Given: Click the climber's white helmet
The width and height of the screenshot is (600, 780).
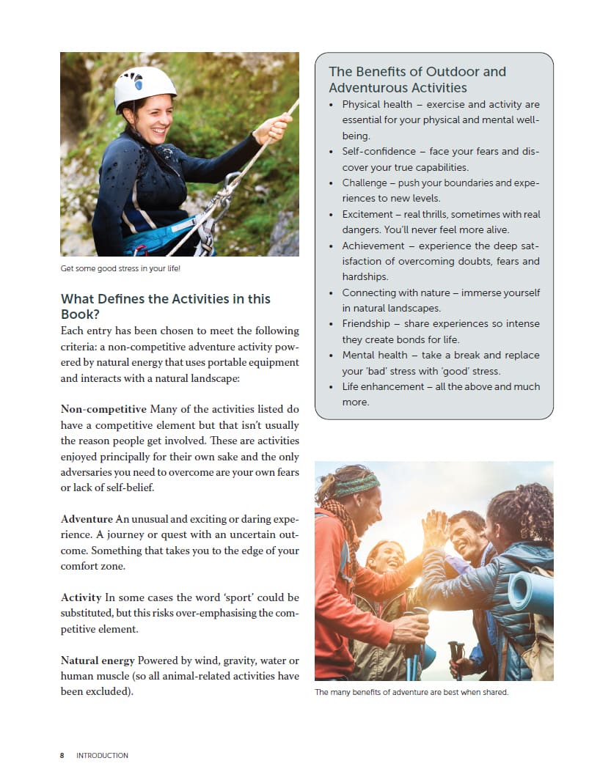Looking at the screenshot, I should pos(144,86).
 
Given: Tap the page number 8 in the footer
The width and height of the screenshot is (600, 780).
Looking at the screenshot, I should pos(62,755).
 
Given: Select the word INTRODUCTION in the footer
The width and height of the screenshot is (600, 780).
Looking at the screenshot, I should pos(102,755).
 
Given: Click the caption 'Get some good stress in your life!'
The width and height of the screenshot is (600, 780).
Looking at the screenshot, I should pos(120,269).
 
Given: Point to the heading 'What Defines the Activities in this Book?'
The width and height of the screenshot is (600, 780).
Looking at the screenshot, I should pos(165,306).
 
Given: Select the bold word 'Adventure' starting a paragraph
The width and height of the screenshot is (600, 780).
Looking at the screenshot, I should pos(87,519).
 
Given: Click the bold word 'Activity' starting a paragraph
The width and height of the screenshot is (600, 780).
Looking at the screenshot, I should pos(81,597).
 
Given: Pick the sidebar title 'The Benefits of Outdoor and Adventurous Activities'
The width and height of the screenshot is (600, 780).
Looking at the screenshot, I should pos(417,79).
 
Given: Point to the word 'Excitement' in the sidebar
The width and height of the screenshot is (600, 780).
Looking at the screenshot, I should pos(369,214).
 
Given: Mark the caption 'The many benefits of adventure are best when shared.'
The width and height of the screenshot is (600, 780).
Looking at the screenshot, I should pos(411,691).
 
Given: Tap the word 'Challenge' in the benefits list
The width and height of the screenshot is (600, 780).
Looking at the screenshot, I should pos(365,183).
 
